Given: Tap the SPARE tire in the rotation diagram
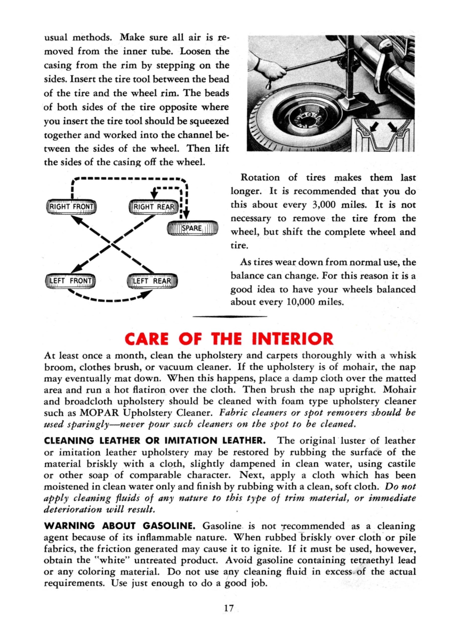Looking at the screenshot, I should pos(192,228).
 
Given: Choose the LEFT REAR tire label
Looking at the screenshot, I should pos(154,281).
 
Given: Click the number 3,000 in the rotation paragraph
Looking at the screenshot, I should pos(328,205).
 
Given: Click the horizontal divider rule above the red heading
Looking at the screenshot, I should pos(229,317).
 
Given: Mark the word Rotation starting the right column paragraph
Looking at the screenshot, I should pos(260,177).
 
